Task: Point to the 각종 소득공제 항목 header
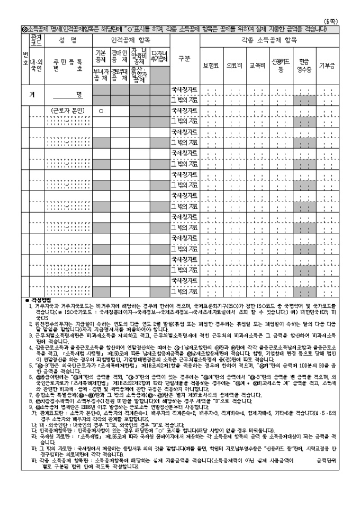pos(269,40)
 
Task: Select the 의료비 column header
pos(235,66)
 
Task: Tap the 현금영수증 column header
pos(304,66)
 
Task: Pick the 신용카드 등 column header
pos(281,66)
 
